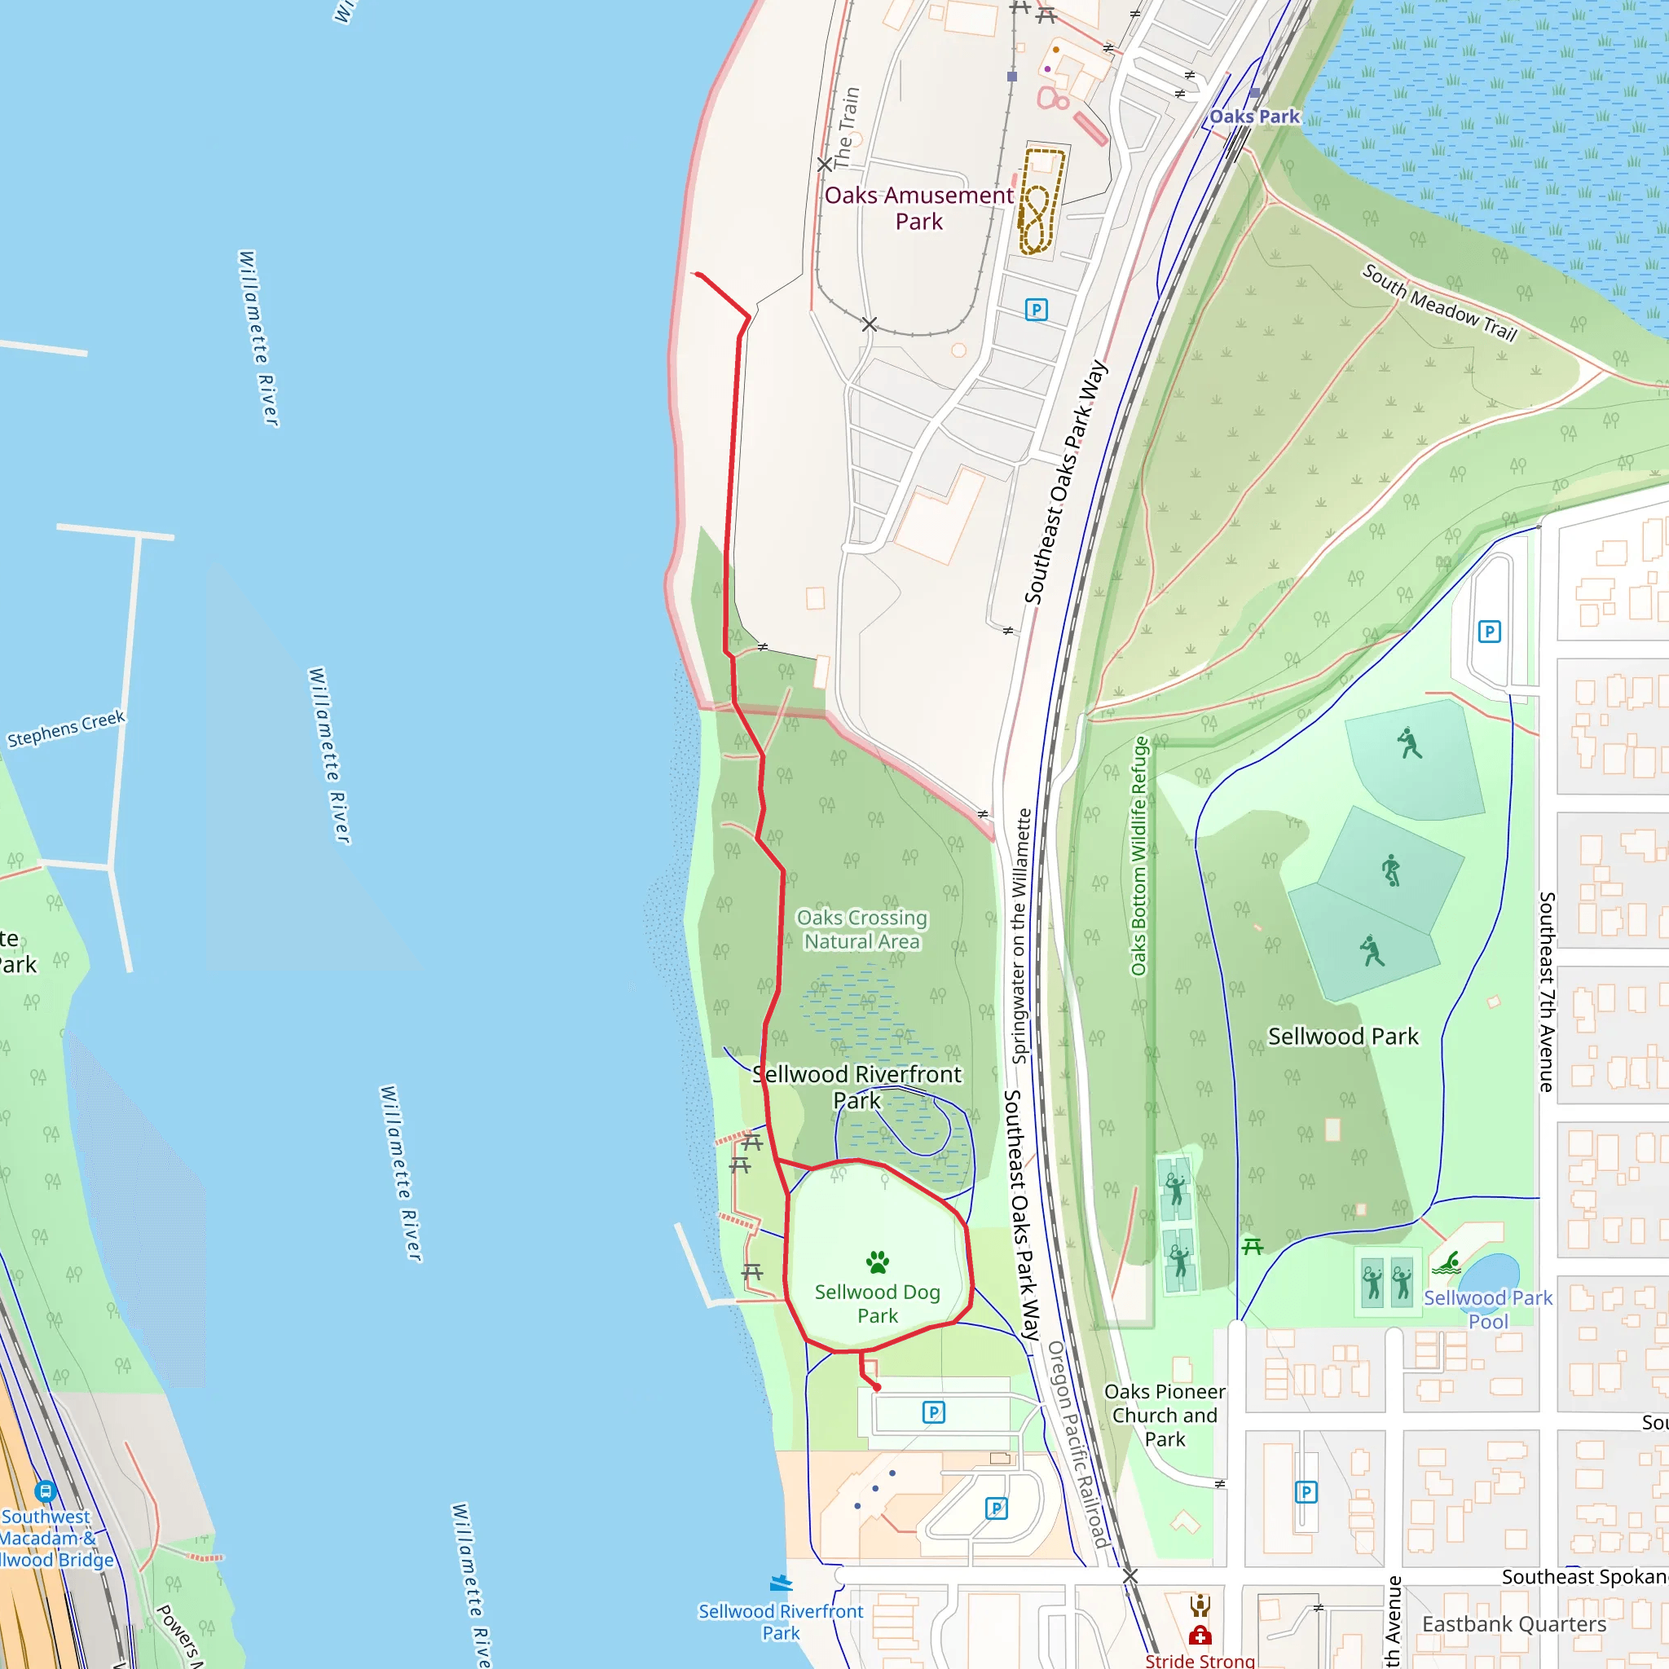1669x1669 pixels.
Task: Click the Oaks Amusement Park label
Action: click(918, 208)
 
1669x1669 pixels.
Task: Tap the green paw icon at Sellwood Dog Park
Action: click(878, 1262)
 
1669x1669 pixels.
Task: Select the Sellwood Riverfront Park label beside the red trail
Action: click(857, 1087)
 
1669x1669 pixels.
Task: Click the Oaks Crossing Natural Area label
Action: click(862, 930)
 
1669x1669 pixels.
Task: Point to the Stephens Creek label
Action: click(67, 729)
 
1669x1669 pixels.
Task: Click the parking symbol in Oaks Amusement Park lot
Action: click(1036, 309)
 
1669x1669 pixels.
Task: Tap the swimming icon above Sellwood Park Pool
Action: click(1447, 1264)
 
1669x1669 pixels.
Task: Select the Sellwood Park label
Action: click(1342, 1037)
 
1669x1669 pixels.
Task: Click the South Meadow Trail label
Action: click(1439, 302)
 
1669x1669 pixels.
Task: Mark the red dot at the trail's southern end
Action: click(877, 1387)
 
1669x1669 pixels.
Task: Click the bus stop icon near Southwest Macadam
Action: click(45, 1491)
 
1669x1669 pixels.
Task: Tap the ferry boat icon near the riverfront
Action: click(780, 1583)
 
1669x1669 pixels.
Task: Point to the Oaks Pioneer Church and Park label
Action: click(1165, 1415)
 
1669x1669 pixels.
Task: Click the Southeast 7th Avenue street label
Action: click(1546, 992)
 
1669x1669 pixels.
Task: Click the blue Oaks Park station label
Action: click(1253, 117)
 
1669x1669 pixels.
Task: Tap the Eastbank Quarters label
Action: click(1513, 1624)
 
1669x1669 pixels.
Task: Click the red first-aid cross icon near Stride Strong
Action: click(1200, 1636)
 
